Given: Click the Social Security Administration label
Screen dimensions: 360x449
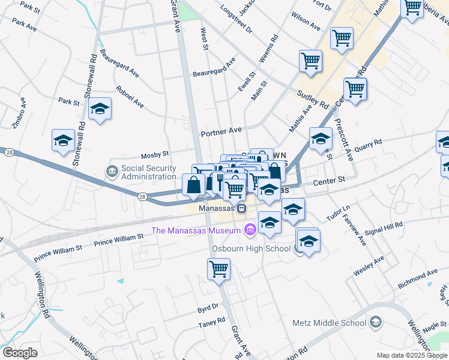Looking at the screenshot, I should [149, 172].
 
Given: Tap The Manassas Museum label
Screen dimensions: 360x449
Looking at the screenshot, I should [197, 230].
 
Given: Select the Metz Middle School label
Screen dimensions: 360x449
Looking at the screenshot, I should [328, 322].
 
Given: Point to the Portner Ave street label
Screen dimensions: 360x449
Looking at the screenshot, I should [221, 131].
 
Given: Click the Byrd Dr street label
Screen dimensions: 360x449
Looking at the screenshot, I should [208, 307].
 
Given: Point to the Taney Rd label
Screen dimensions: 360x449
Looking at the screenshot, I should [211, 325].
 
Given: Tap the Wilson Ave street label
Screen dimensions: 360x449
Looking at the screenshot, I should [306, 22].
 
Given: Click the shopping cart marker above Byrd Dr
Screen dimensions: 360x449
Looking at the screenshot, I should [219, 269].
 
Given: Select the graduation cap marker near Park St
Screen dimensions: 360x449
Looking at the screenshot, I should [100, 109].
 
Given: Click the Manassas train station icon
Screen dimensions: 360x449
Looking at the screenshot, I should [240, 208].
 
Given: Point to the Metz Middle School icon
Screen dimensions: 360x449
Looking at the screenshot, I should [376, 322].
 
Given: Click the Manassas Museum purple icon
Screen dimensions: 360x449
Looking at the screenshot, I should [250, 229].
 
